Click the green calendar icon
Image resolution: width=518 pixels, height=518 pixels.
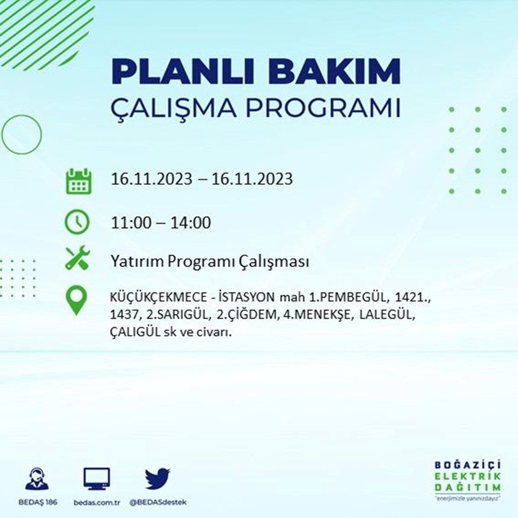[x=79, y=181]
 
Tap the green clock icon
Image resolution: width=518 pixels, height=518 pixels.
[x=77, y=222]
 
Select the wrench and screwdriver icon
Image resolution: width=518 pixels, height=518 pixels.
[x=78, y=257]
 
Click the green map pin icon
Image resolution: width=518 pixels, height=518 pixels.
[x=76, y=300]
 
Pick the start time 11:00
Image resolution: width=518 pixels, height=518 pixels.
[x=131, y=223]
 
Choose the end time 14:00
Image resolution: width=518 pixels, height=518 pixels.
[x=191, y=223]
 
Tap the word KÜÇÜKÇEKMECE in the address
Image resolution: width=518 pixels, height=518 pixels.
[x=158, y=297]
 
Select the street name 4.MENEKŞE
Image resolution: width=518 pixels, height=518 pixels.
[x=318, y=315]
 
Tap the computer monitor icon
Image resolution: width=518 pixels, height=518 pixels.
[x=97, y=479]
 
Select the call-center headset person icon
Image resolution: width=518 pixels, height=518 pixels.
[x=37, y=478]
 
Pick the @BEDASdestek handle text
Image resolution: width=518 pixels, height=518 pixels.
[x=158, y=502]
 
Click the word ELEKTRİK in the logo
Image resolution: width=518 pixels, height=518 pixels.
[x=467, y=476]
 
